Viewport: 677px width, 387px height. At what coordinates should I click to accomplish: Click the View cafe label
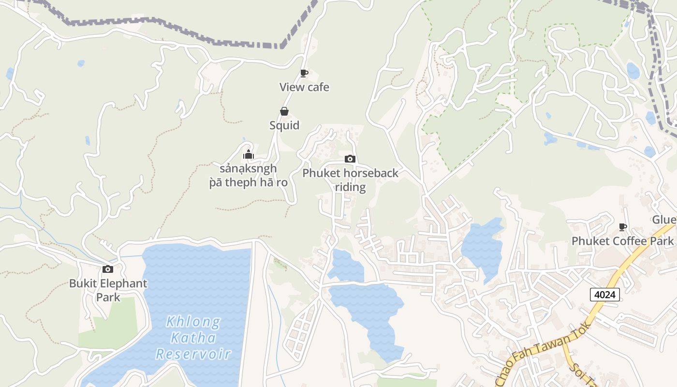pos(304,88)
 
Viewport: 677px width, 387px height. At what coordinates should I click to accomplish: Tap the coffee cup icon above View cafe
pos(304,74)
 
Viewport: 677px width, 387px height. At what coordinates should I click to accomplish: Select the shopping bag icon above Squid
pos(284,112)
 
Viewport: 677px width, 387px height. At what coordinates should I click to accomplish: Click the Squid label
pos(284,125)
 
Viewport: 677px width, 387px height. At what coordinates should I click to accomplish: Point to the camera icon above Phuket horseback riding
pos(350,159)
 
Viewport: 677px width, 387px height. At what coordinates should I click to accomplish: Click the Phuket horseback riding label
pos(350,180)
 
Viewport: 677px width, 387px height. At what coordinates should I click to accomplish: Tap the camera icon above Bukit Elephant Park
pos(108,269)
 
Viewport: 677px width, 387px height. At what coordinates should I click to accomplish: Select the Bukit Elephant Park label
pos(108,290)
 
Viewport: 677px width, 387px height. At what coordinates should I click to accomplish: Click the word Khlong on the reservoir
pos(193,322)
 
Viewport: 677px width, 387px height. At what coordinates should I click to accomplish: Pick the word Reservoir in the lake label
pos(193,354)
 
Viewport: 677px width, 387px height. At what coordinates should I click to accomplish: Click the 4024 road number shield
pos(604,294)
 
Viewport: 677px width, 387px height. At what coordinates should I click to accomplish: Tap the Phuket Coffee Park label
pos(622,241)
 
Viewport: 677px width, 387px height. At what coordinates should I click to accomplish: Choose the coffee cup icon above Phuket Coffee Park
pos(623,227)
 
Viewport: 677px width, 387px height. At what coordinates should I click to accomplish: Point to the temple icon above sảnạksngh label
pos(248,155)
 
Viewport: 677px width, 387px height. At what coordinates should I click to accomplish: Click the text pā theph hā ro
pos(248,183)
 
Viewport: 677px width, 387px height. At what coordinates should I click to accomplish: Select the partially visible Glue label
pos(664,220)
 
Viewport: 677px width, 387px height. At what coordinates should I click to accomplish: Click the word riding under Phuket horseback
pos(350,187)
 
